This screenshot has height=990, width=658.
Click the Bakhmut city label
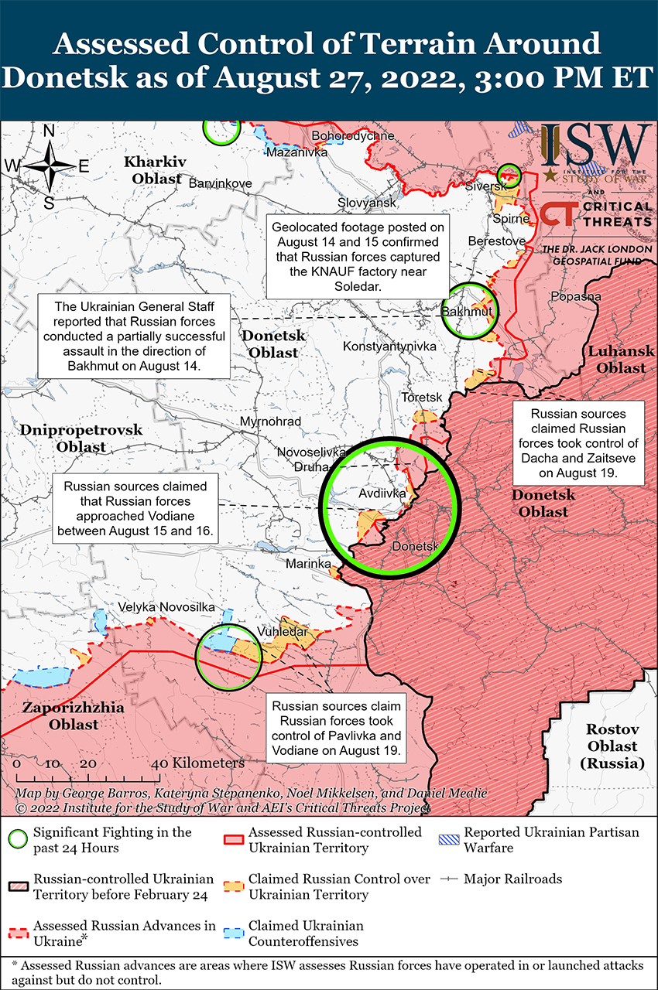(467, 311)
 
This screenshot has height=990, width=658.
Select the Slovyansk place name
(367, 203)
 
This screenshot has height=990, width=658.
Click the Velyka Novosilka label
(166, 608)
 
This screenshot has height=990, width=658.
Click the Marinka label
(307, 564)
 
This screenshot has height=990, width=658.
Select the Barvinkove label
(221, 183)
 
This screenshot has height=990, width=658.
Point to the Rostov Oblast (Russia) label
(612, 746)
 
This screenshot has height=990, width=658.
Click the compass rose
(48, 166)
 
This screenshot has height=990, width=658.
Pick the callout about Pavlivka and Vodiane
(336, 728)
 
